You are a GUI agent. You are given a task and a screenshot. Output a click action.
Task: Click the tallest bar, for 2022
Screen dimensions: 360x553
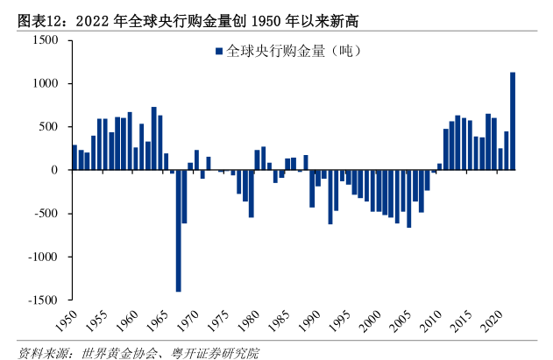point(513,121)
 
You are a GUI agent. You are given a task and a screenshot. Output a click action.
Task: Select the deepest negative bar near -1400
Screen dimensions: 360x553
point(178,230)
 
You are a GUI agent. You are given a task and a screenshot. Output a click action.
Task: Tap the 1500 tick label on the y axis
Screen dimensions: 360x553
point(46,40)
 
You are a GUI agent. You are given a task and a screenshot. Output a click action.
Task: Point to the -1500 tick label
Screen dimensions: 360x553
point(43,300)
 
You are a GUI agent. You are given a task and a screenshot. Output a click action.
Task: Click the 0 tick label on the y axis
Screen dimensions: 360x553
point(55,170)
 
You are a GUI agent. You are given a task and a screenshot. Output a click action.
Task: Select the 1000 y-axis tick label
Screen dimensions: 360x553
point(46,83)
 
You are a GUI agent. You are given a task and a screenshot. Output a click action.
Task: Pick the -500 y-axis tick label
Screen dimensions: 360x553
point(46,214)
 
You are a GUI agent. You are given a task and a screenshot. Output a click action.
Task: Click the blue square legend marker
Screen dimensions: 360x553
point(219,52)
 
